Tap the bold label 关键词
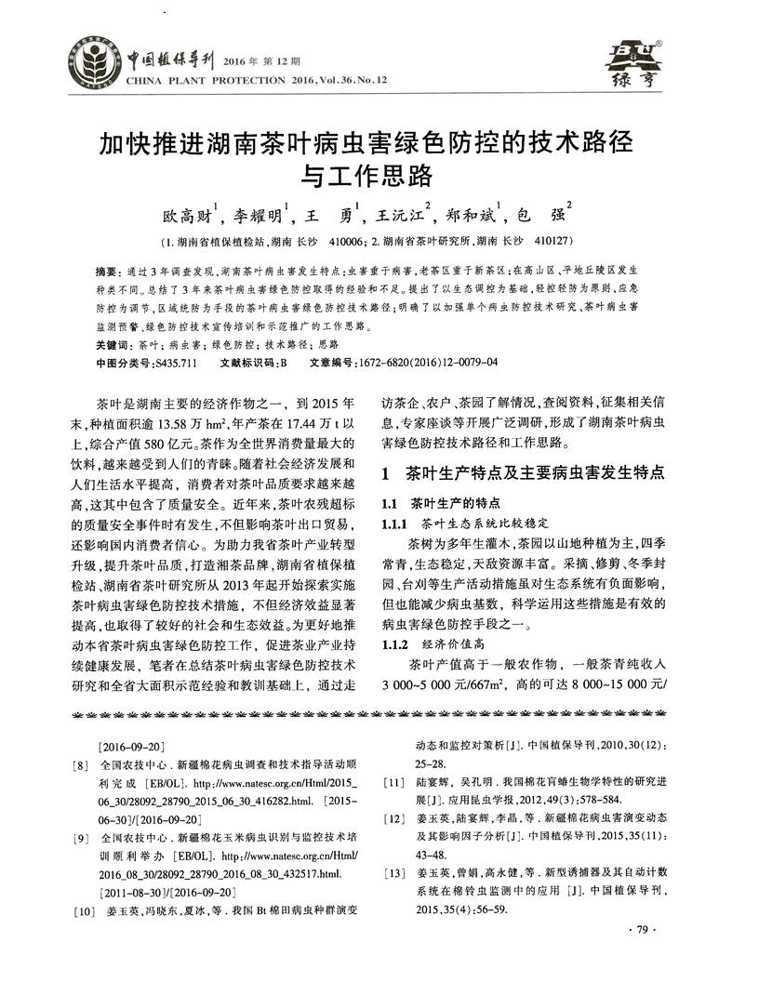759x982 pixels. (x=113, y=344)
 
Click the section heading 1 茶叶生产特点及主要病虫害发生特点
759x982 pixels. (x=523, y=473)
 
